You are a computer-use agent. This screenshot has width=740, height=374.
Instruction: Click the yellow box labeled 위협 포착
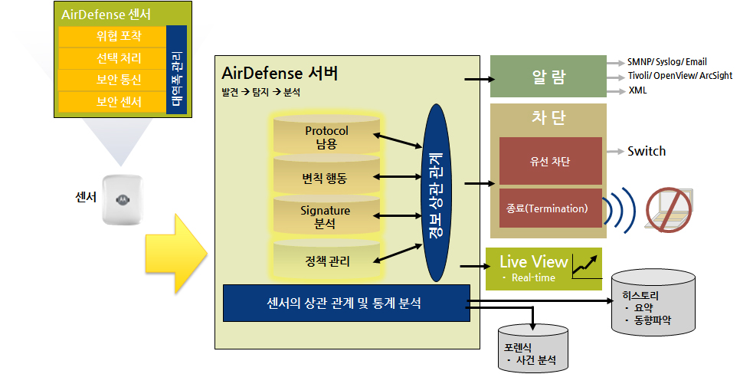coord(112,37)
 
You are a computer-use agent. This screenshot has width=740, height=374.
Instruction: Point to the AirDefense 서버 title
coord(279,74)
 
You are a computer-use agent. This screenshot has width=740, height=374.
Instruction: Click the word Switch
coord(647,151)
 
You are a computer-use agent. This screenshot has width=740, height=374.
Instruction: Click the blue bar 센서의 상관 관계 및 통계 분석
coord(345,303)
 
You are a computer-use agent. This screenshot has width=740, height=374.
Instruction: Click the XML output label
coord(638,90)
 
